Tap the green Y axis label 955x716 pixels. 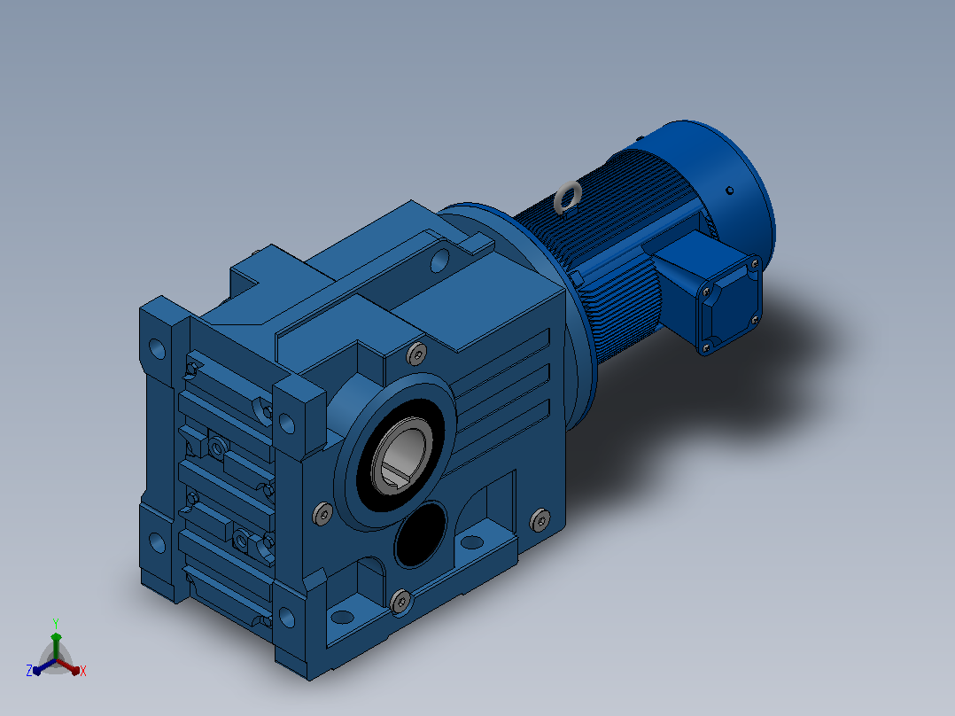point(56,623)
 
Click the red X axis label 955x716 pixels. point(83,671)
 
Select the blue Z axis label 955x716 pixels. point(28,670)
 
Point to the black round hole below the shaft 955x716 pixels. point(420,534)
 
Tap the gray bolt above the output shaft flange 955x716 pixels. point(416,354)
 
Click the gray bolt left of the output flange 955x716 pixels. point(322,514)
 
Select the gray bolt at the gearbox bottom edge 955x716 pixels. point(400,601)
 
